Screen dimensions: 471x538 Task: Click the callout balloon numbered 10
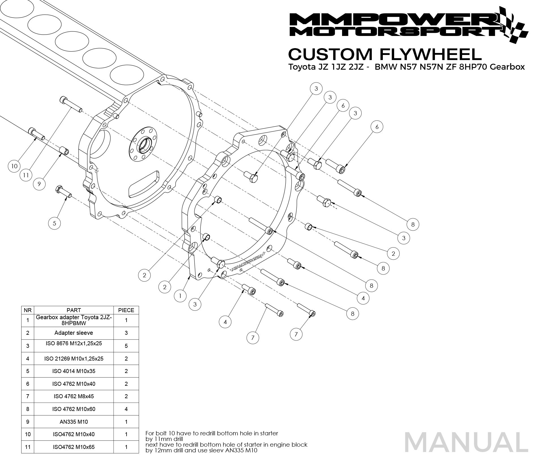point(14,166)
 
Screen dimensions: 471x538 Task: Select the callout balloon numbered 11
point(26,175)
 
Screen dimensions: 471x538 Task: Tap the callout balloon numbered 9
point(39,184)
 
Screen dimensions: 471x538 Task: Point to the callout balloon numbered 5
point(54,223)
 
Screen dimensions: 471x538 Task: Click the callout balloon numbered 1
point(180,296)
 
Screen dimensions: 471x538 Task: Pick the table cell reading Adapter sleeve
point(74,333)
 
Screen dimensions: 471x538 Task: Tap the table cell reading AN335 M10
point(74,422)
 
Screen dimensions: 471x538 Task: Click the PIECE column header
point(126,310)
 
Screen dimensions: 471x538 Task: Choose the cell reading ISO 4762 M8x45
point(74,396)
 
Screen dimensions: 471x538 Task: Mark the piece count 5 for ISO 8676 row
point(126,346)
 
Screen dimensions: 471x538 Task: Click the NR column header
point(27,310)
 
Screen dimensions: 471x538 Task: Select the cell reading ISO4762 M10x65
point(74,447)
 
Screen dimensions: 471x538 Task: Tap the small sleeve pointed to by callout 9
point(64,151)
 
